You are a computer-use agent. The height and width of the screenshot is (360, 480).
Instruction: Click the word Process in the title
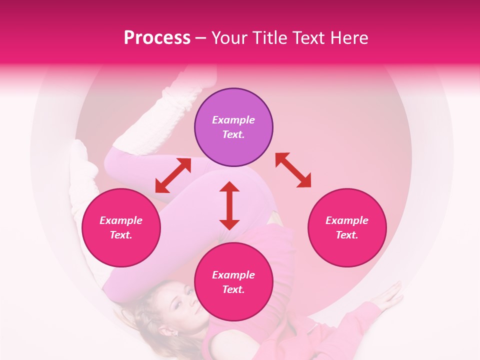pyautogui.click(x=157, y=38)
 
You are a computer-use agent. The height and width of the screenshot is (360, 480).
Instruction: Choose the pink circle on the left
pyautogui.click(x=121, y=227)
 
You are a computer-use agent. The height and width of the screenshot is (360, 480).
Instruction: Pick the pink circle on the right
pyautogui.click(x=347, y=227)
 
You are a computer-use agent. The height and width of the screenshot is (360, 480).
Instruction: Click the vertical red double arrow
pyautogui.click(x=229, y=205)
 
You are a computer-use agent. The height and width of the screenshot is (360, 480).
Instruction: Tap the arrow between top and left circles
pyautogui.click(x=173, y=175)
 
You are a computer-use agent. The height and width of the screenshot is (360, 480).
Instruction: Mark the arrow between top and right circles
pyautogui.click(x=293, y=170)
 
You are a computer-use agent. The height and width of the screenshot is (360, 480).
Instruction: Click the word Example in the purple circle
pyautogui.click(x=233, y=120)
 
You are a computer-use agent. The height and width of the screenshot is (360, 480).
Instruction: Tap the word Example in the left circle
pyautogui.click(x=121, y=220)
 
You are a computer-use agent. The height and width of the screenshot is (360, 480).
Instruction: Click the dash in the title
pyautogui.click(x=201, y=38)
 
